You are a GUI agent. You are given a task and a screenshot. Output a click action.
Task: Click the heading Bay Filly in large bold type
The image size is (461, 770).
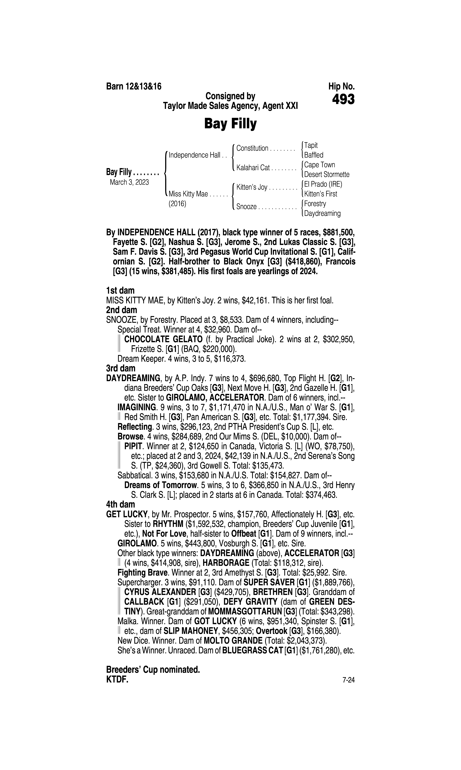[x=230, y=124]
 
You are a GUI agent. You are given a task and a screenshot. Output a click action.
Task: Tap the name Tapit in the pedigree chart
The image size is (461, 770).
[x=311, y=145]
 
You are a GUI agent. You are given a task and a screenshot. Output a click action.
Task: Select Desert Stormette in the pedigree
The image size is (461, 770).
[x=327, y=174]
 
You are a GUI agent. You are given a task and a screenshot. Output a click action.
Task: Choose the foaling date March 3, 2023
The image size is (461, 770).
[x=129, y=182]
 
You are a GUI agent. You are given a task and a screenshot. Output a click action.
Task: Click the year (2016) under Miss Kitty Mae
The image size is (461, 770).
[x=177, y=204]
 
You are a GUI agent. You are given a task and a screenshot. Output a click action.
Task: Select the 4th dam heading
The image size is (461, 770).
[x=121, y=504]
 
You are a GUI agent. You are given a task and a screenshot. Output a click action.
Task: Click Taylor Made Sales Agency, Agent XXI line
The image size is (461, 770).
[x=230, y=106]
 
